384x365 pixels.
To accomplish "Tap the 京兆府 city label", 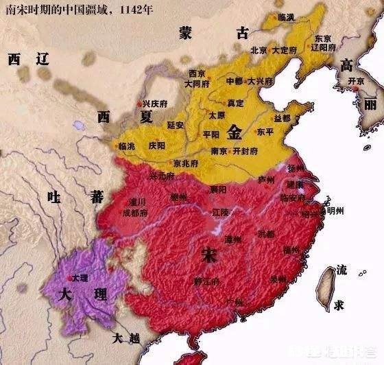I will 186,164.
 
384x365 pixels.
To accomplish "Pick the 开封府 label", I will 244,151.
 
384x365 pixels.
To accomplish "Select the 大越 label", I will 126,338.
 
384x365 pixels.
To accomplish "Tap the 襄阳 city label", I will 219,189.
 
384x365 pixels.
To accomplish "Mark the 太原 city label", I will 217,115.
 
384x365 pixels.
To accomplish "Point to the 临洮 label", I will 128,147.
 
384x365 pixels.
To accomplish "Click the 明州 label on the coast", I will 335,211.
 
